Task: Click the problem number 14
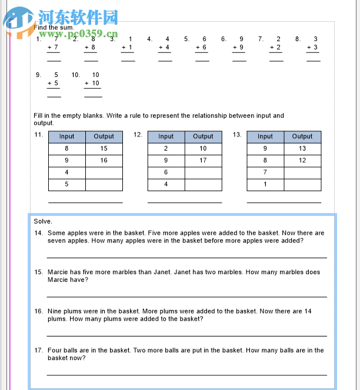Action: pos(38,234)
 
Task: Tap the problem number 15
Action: pos(38,272)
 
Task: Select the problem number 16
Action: pos(38,311)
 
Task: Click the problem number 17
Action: pos(38,351)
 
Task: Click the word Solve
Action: pos(43,221)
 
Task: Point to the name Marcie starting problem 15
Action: pos(58,272)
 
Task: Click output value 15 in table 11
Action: pos(104,149)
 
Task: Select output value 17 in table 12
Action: pos(203,161)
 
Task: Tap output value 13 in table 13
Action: pos(302,149)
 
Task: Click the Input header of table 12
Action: pos(166,136)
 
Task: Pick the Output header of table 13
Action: pos(302,136)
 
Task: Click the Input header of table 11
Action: pos(66,136)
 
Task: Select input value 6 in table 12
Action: pos(166,172)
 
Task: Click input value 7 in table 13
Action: pos(265,172)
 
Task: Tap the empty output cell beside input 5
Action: pos(104,184)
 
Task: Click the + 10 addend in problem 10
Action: pos(92,84)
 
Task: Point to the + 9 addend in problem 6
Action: pos(238,48)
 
